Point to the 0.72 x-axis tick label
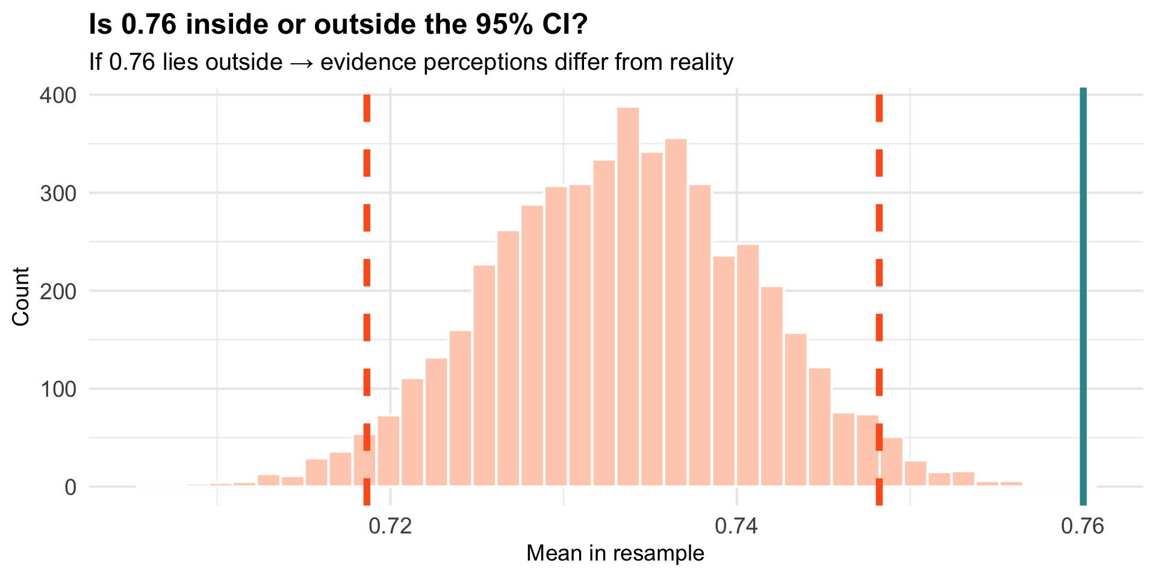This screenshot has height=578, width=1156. [x=391, y=526]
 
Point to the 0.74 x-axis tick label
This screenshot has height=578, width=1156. [x=737, y=526]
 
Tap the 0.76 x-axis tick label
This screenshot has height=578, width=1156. [x=1083, y=526]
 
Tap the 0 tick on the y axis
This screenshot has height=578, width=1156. [x=70, y=487]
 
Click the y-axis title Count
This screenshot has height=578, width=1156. [x=21, y=296]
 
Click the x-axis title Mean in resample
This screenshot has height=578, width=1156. [x=615, y=553]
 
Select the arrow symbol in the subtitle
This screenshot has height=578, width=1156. [x=301, y=62]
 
